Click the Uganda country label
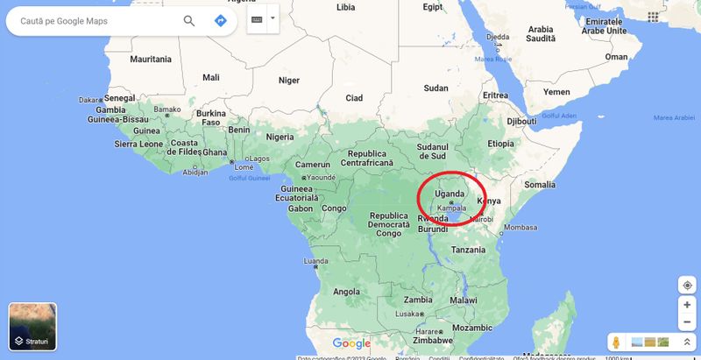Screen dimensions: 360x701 pos(450,194)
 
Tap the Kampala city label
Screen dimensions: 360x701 pos(451,208)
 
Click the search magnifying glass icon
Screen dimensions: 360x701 pos(189,20)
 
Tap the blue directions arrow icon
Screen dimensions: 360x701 pos(220,20)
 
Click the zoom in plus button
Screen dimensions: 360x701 pos(687,305)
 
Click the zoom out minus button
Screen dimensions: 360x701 pos(687,321)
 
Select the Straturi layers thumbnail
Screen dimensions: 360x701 pos(32,326)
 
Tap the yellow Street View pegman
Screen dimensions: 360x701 pos(617,342)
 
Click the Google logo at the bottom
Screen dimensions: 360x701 pos(351,343)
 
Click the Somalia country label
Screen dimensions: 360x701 pos(540,185)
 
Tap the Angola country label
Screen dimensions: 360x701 pos(346,292)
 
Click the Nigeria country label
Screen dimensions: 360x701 pos(280,137)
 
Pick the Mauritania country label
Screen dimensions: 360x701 pos(151,60)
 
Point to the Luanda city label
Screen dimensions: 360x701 pos(315,261)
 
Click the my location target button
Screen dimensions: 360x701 pos(687,285)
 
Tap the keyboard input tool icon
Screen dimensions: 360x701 pos(258,18)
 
